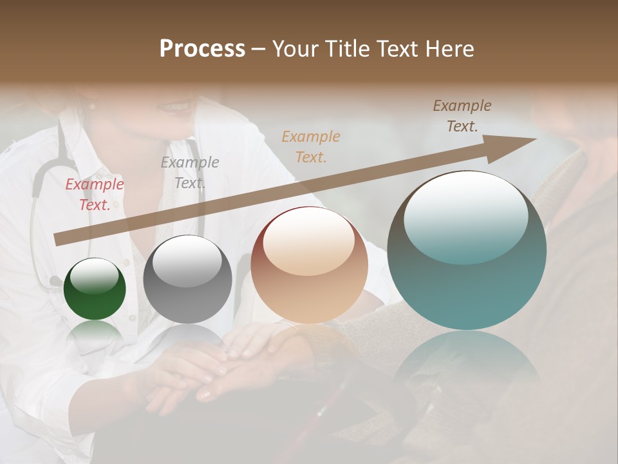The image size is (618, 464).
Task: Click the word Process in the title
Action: coord(202,49)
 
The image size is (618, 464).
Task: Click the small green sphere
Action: coord(95,289)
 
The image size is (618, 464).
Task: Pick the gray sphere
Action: coord(187,279)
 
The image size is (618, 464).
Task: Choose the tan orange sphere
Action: coord(309,265)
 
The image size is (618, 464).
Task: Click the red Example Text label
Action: coord(95,195)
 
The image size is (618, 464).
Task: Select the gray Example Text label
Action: coord(189,173)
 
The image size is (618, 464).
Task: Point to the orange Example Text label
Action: coord(311,146)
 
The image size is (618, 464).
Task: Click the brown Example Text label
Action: coord(462,116)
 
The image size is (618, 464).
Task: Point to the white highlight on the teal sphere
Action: coord(465,218)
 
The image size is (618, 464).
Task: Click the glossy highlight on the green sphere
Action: coord(95,276)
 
